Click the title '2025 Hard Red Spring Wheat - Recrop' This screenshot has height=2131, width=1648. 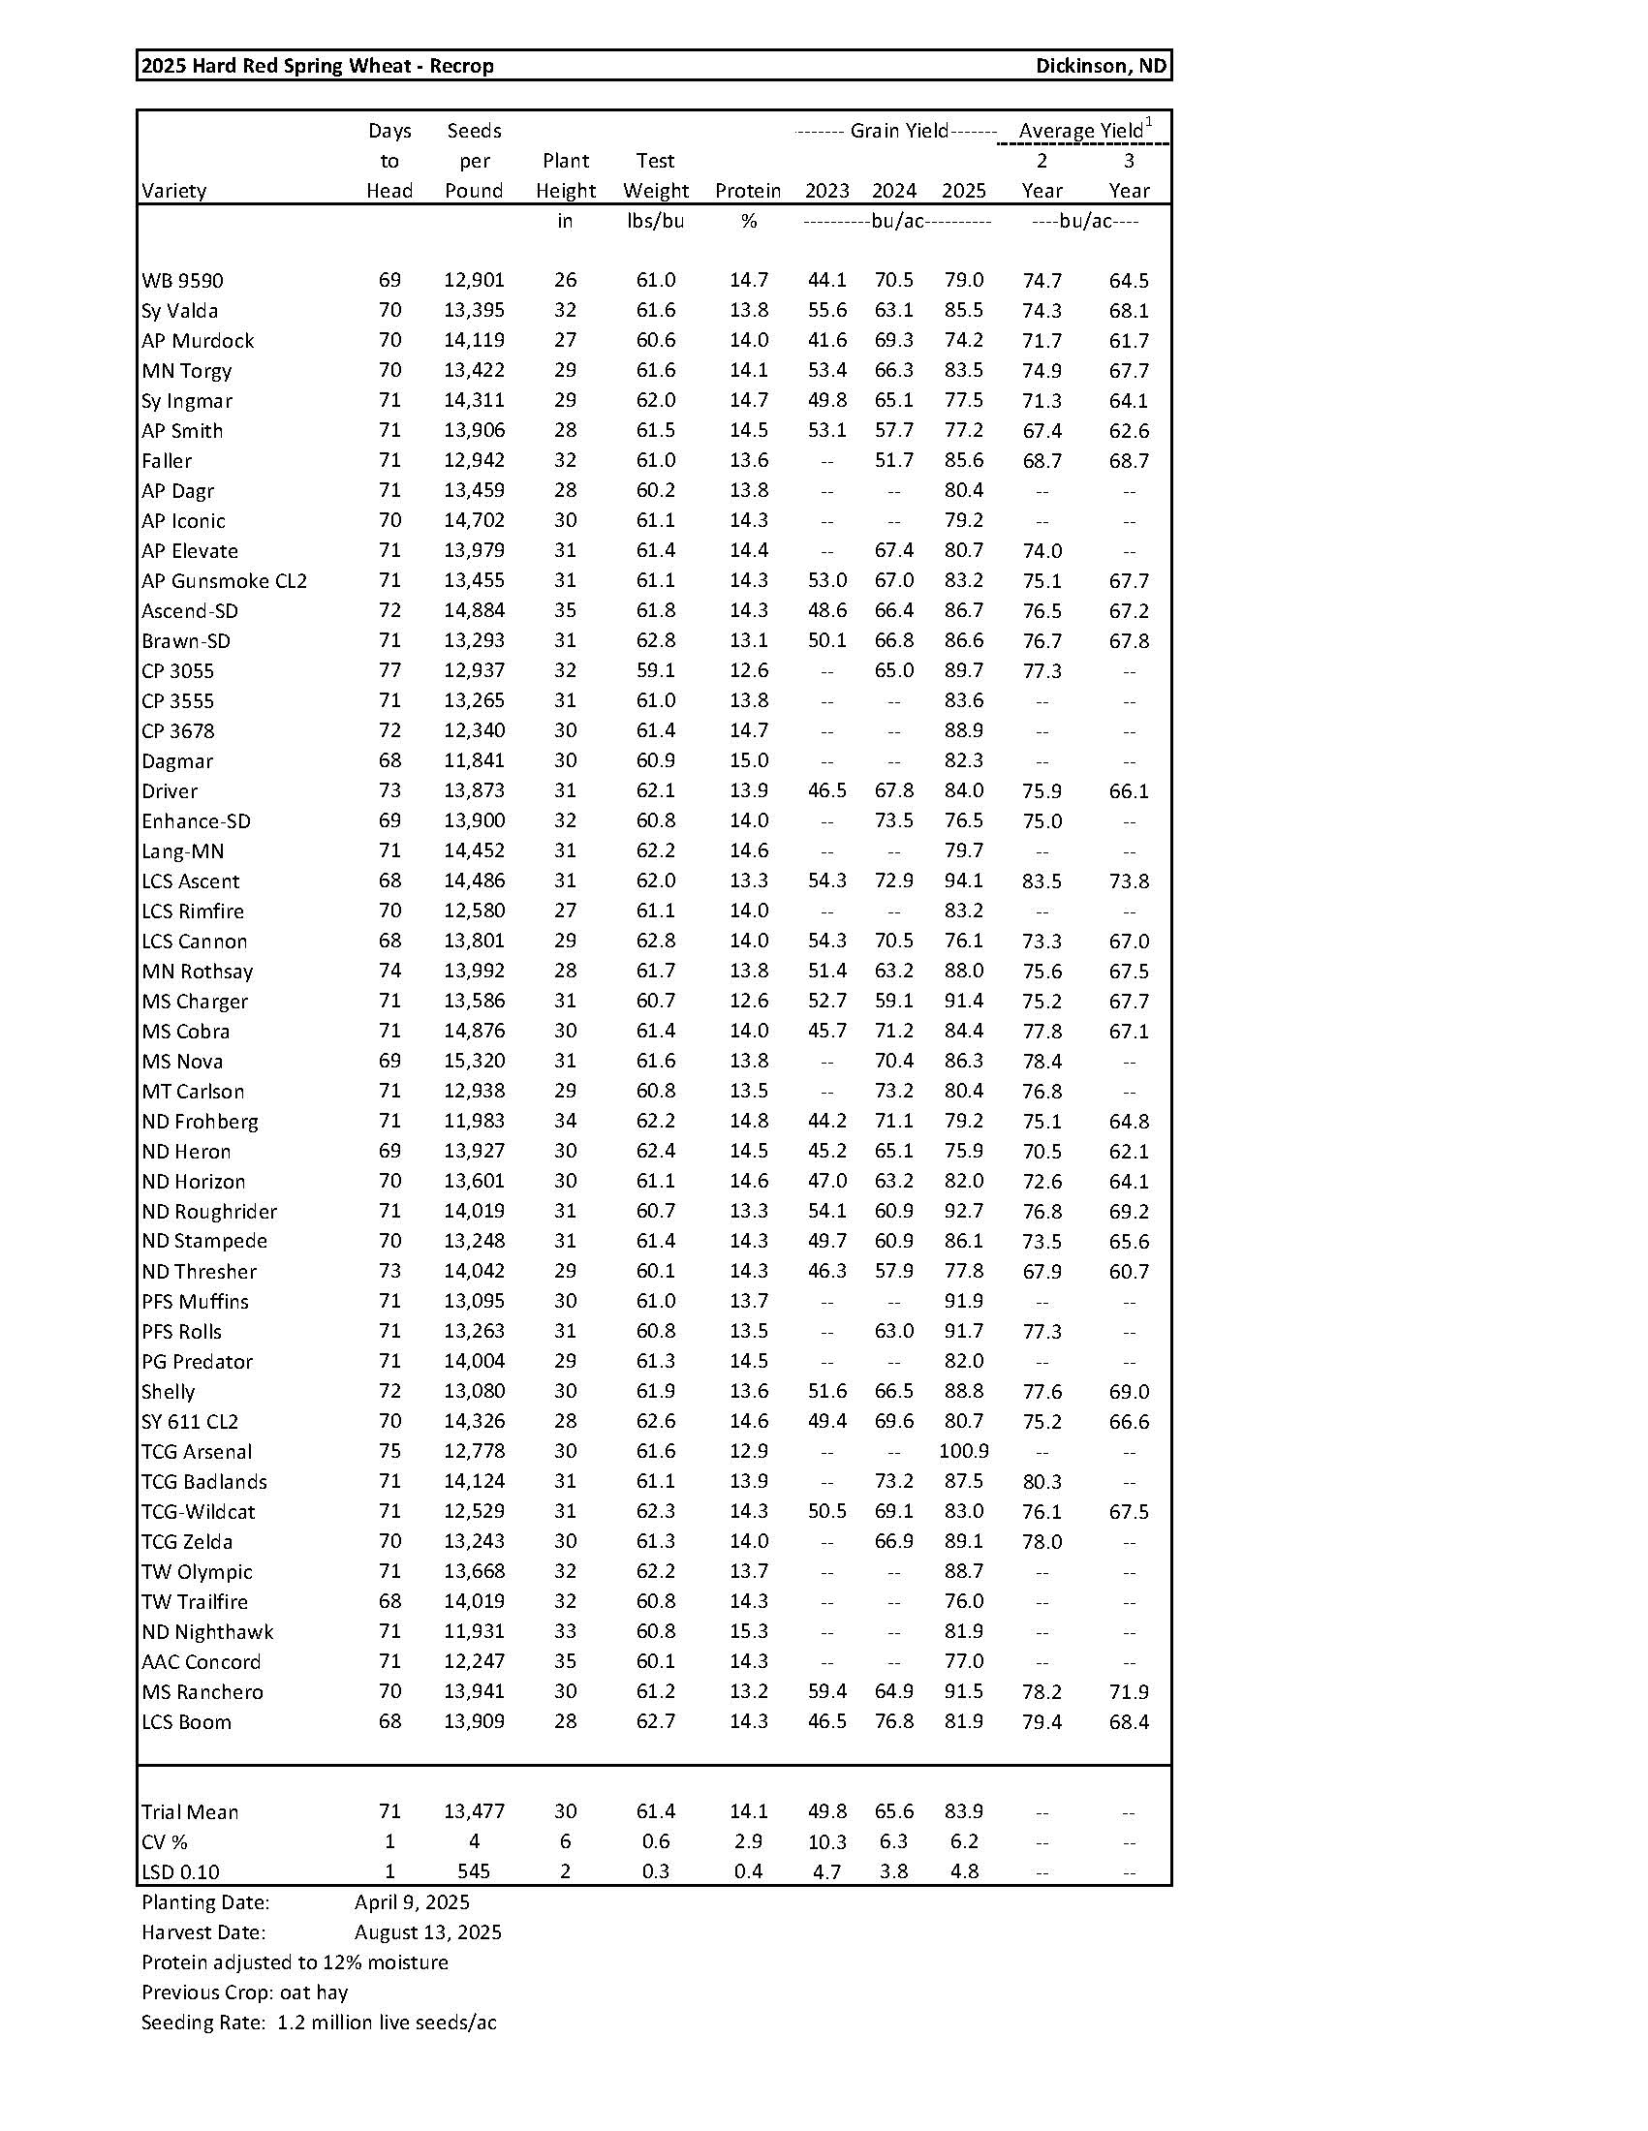[318, 66]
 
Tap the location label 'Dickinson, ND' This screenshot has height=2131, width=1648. [1101, 66]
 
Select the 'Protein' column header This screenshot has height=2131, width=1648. [747, 191]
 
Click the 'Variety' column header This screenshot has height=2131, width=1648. [173, 191]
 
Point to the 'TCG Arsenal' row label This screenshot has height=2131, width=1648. [196, 1452]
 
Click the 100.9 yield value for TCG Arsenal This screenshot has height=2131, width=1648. [963, 1451]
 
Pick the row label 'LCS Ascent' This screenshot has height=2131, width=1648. [190, 881]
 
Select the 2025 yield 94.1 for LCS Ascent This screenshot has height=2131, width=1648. [963, 880]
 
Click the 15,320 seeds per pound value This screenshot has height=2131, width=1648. [474, 1061]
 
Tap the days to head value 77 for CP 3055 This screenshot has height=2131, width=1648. [389, 670]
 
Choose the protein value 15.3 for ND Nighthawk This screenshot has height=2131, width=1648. [748, 1631]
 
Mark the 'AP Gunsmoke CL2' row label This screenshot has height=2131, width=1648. [225, 581]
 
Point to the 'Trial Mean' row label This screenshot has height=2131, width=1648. [189, 1812]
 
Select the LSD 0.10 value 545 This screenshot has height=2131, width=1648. [474, 1871]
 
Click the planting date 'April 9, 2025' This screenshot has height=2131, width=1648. [412, 1901]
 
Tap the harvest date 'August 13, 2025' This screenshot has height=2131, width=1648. [427, 1932]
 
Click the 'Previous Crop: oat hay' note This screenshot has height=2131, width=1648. [244, 1992]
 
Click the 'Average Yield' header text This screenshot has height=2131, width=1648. [1081, 131]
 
